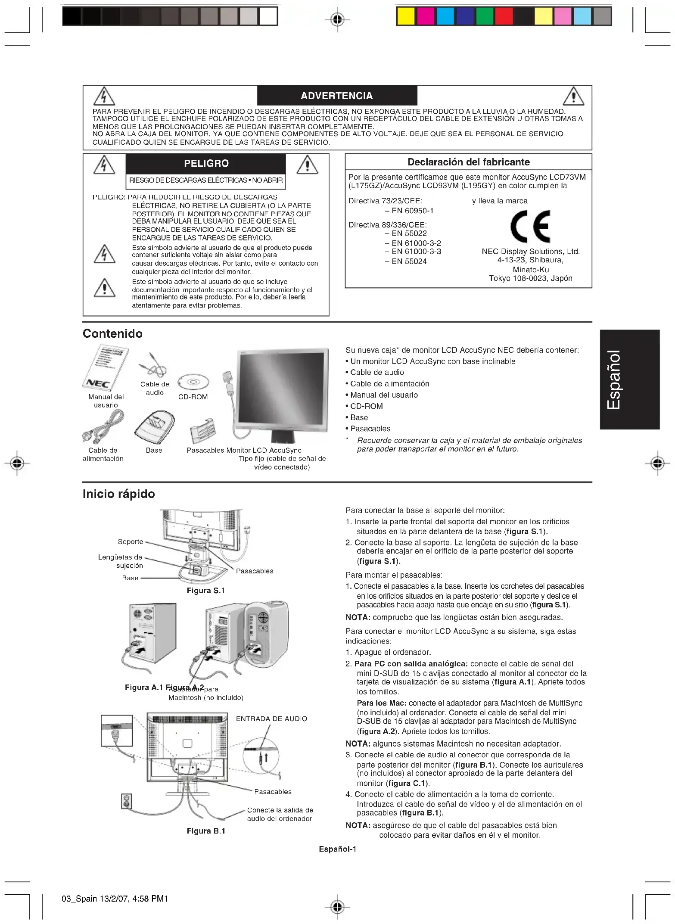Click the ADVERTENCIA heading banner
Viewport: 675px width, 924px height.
click(337, 96)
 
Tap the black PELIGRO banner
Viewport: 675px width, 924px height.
click(206, 163)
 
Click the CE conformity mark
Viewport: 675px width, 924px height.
click(530, 227)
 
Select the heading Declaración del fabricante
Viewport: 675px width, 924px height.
click(468, 162)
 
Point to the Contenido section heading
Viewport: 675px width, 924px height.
click(112, 333)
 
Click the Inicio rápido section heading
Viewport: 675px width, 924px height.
click(118, 494)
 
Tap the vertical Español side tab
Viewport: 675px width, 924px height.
click(629, 380)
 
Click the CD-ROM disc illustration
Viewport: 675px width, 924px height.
click(193, 382)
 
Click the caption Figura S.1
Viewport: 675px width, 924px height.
click(205, 591)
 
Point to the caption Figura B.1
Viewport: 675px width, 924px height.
click(205, 831)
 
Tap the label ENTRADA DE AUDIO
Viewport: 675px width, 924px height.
click(271, 719)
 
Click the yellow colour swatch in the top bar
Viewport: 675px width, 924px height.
click(406, 16)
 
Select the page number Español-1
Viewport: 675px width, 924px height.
click(337, 849)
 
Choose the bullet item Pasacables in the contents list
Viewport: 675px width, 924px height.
click(370, 429)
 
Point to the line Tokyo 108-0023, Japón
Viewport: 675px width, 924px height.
click(530, 278)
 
